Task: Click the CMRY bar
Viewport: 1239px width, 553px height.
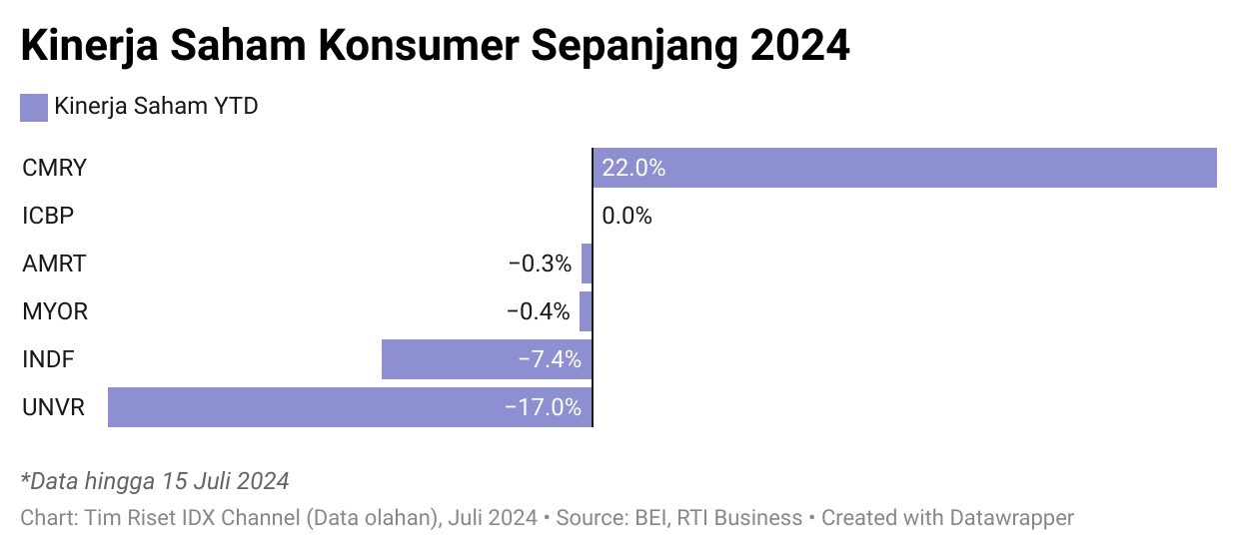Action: point(904,168)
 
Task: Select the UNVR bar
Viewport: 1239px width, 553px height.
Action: point(350,407)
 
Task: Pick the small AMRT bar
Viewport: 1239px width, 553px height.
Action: point(587,265)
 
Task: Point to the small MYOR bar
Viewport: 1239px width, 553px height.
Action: point(586,311)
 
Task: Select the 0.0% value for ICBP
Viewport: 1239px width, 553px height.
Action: point(626,216)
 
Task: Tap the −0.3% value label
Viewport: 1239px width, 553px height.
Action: point(540,265)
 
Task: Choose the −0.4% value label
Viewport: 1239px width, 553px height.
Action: point(539,311)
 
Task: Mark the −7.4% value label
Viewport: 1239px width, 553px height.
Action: point(550,359)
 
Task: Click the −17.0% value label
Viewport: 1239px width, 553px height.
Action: point(544,407)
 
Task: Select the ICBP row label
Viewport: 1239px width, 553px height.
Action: point(48,216)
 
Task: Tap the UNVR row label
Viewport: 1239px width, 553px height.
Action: point(53,407)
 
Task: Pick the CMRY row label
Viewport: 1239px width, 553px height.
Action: point(54,168)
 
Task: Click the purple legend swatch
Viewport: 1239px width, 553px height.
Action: point(34,108)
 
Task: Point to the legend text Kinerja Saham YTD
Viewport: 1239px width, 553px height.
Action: point(157,106)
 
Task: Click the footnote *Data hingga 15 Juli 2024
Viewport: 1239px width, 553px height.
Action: point(155,481)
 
